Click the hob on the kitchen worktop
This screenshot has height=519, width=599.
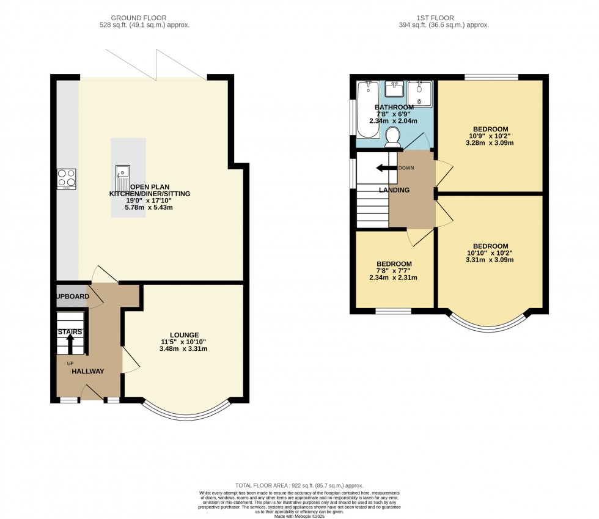tap(66, 179)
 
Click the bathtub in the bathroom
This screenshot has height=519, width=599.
tap(369, 110)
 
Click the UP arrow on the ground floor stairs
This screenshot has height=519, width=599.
tap(70, 344)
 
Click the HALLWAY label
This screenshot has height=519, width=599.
tap(87, 371)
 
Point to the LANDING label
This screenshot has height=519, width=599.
tap(394, 190)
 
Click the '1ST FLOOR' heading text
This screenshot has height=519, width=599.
tap(444, 18)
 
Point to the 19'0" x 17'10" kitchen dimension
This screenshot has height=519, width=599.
tap(149, 201)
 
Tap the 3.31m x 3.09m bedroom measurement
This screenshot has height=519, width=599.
tap(490, 260)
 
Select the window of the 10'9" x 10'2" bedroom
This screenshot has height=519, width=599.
tap(491, 77)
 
